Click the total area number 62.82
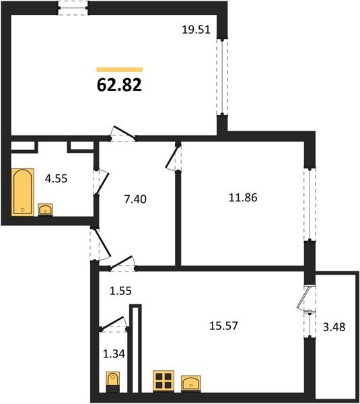point(119,85)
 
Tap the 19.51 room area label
point(196,30)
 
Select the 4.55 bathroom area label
point(56,178)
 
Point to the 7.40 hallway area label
point(135,199)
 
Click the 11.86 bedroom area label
point(243,197)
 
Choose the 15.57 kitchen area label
point(223,326)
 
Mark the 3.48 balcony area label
point(334,327)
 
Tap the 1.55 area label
point(120,291)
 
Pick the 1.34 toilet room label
point(114,353)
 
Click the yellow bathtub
point(23,192)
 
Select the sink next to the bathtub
point(45,209)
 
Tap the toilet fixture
point(113,382)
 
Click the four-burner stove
point(164,381)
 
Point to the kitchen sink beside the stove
point(191,384)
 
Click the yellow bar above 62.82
point(120,69)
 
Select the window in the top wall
point(73,8)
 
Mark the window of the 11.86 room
point(310,204)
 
